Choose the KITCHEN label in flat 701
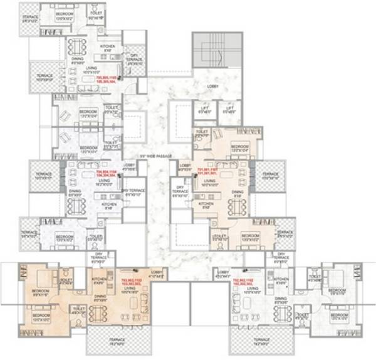(206, 204)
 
